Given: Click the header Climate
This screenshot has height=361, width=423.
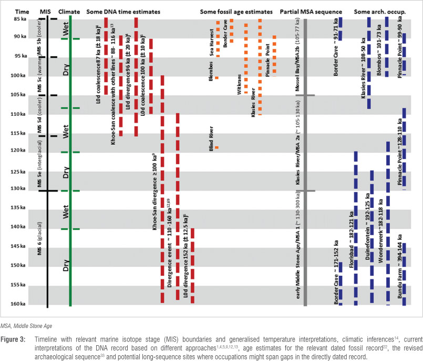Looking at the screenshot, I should (x=70, y=11).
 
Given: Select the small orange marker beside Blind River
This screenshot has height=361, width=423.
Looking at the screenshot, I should (x=216, y=147).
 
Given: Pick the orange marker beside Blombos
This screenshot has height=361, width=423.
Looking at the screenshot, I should (x=216, y=78).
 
